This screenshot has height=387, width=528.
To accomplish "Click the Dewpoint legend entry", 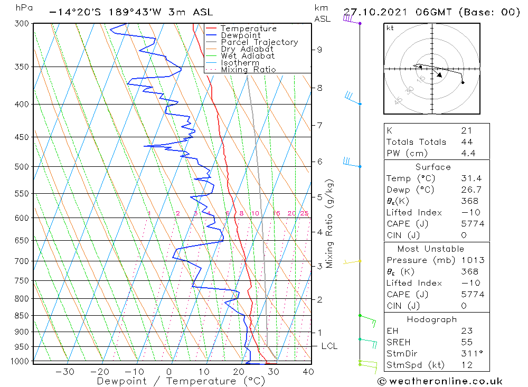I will [x=240, y=35].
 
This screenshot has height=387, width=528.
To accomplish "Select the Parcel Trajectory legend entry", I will [x=259, y=42].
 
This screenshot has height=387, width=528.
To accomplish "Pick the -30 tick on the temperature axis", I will [x=65, y=372].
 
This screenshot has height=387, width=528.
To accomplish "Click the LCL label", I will [x=329, y=346].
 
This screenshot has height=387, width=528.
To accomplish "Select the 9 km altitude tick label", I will [x=319, y=50].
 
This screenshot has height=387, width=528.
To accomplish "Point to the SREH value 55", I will [x=467, y=342].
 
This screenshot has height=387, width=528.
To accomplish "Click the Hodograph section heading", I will [x=432, y=319].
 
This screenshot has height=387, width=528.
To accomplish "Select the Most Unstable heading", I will [x=431, y=249].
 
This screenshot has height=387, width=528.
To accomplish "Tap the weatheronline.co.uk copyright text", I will [x=440, y=381].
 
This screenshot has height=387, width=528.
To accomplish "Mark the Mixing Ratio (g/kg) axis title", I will [x=329, y=223].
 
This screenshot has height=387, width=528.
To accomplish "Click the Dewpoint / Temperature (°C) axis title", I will [x=181, y=381].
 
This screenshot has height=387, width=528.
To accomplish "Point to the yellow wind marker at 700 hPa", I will [x=360, y=261].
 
